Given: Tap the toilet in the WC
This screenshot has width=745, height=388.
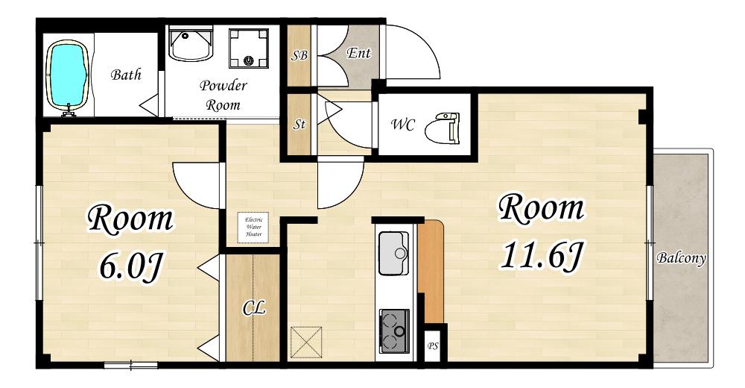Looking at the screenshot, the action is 442,128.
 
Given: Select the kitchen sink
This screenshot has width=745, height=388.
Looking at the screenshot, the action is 394,253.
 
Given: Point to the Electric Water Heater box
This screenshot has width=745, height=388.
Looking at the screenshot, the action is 253,227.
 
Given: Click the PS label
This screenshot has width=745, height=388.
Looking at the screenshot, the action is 432,346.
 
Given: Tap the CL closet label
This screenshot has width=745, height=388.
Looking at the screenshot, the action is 254,308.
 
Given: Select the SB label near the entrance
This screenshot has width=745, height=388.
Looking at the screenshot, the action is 299,56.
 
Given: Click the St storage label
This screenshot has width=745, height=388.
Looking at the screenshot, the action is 299,125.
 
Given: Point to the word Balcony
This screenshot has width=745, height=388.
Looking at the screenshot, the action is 681,258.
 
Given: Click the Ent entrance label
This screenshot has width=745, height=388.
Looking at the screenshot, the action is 359,53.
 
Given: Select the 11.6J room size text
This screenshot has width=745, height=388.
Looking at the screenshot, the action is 541,256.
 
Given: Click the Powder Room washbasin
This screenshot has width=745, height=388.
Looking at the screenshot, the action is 191,44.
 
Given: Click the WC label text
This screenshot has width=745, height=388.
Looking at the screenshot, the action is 403,125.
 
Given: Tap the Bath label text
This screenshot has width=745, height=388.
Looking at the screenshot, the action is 126,75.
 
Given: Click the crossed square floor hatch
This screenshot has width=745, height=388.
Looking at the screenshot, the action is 306,342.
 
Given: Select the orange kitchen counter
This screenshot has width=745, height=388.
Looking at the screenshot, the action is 431,271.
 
